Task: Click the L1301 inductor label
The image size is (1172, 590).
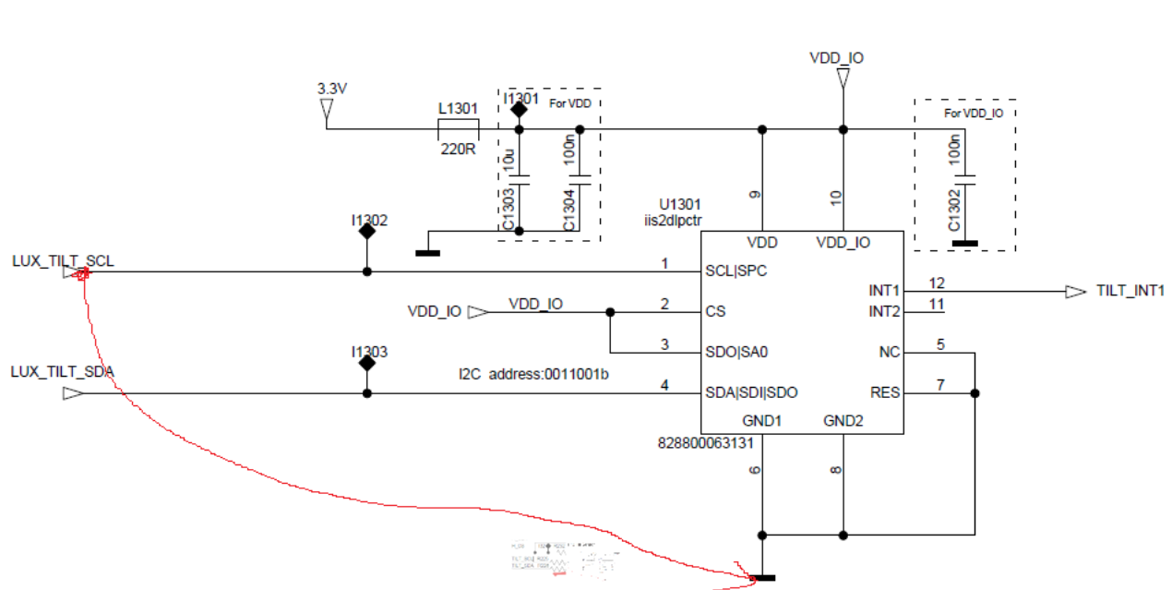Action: point(458,109)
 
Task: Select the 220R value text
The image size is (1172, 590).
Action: point(457,148)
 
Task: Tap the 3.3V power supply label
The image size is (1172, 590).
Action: point(331,90)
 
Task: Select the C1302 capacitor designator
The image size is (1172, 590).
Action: point(954,211)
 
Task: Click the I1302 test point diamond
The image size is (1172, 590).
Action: point(367,232)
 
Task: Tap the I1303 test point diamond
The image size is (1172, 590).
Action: point(367,363)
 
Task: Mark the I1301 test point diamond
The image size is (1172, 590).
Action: point(519,110)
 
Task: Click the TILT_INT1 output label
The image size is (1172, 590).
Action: point(1130,291)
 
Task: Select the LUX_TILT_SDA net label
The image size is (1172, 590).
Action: point(63,371)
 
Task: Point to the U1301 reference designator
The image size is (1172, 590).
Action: point(679,204)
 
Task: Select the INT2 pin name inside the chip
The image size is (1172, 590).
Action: point(884,312)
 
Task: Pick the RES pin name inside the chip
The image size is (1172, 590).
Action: point(885,393)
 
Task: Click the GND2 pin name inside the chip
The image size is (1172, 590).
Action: point(843,421)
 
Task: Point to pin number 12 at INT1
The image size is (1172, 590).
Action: point(937,283)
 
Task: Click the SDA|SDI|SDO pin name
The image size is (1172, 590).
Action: point(751,393)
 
